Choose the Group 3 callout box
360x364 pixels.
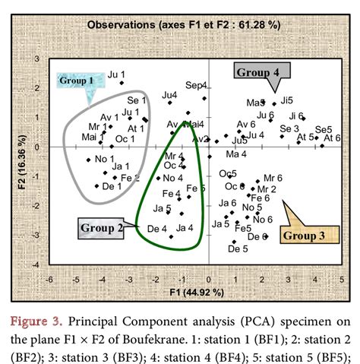(x=304, y=236)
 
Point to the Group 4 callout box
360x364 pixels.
(x=257, y=72)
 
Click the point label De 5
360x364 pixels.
(x=238, y=248)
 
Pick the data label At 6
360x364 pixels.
(x=332, y=138)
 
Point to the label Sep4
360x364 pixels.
(x=196, y=84)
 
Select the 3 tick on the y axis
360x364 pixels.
(x=39, y=59)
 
